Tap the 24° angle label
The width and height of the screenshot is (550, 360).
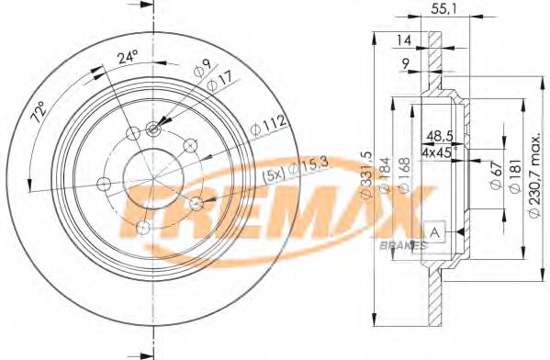(128, 57)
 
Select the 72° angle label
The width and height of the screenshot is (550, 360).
(39, 112)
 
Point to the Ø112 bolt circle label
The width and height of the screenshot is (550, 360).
(268, 125)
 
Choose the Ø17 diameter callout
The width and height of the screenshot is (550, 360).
(219, 81)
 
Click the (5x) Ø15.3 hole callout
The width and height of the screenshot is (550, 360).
(295, 169)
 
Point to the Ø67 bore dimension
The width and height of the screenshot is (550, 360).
(497, 176)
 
